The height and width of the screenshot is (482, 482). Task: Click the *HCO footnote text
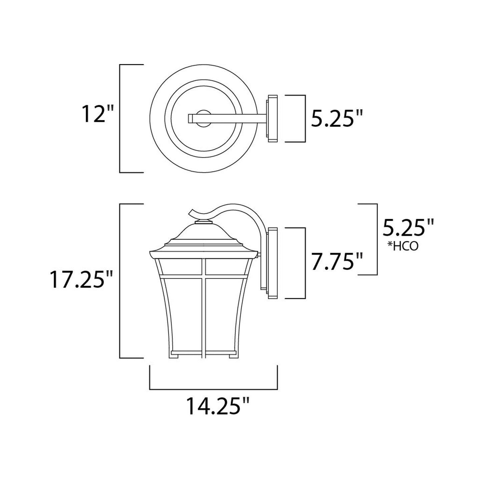coord(403,247)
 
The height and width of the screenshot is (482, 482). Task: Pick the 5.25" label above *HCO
coord(408,227)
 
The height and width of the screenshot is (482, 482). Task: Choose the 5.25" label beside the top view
coord(337,118)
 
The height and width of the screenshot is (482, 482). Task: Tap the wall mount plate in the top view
coord(272,118)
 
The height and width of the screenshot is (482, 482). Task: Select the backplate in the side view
coord(272,263)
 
